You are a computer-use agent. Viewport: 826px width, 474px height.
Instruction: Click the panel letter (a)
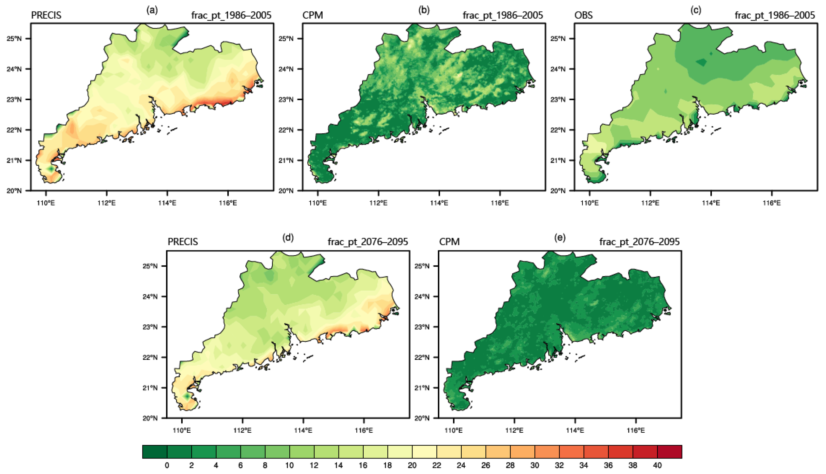click(152, 10)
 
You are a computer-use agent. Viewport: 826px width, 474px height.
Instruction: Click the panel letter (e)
click(560, 238)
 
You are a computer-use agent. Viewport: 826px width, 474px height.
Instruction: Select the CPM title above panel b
click(312, 15)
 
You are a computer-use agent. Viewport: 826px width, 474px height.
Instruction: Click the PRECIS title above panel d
click(183, 242)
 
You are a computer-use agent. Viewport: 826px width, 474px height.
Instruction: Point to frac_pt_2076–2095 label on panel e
click(639, 242)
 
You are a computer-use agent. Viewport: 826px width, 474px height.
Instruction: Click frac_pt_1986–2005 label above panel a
click(231, 15)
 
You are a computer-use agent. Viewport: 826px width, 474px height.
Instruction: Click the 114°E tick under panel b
click(439, 203)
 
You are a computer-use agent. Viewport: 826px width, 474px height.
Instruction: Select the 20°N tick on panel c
click(558, 191)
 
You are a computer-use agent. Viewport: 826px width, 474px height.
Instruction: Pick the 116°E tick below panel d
click(364, 430)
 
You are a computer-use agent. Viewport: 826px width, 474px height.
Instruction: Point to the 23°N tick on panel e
click(422, 327)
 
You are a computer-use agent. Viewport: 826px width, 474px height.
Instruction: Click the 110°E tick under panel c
click(590, 203)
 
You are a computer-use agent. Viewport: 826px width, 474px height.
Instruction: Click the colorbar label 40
click(657, 466)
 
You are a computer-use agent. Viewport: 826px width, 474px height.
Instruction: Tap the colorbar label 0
click(167, 466)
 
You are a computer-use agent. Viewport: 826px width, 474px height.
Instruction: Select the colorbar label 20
click(412, 466)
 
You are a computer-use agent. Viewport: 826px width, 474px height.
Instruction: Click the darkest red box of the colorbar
click(669, 452)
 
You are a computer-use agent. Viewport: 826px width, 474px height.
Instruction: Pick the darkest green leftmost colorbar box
click(155, 452)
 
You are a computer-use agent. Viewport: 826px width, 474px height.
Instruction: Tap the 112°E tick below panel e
click(514, 430)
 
